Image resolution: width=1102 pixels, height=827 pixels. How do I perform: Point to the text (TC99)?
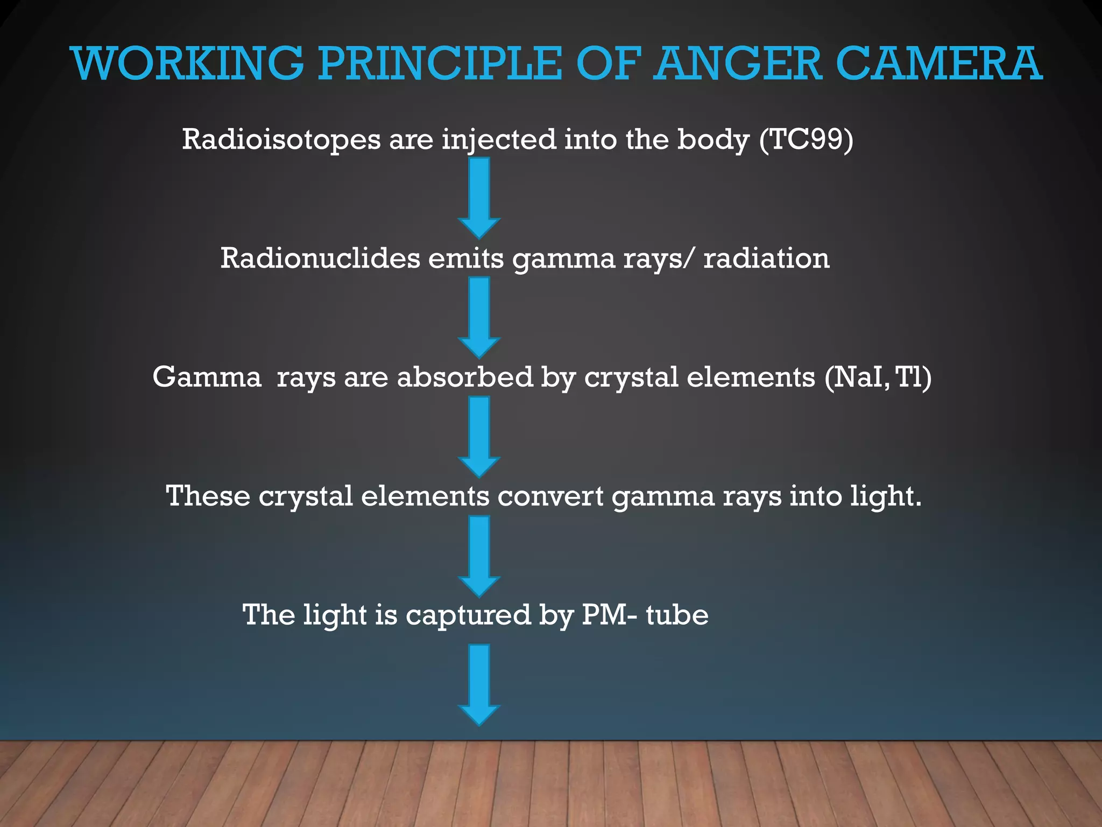[x=806, y=139]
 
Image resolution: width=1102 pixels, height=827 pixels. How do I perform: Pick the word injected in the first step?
[x=499, y=141]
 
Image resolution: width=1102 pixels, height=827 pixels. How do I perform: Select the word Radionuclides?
[x=320, y=258]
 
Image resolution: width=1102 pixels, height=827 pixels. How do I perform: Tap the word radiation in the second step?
[x=766, y=258]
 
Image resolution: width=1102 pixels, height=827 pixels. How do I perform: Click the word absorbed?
[x=465, y=377]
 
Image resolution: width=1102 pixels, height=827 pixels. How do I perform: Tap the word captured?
[x=468, y=615]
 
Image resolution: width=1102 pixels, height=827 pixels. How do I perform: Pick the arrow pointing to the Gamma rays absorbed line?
[x=479, y=317]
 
